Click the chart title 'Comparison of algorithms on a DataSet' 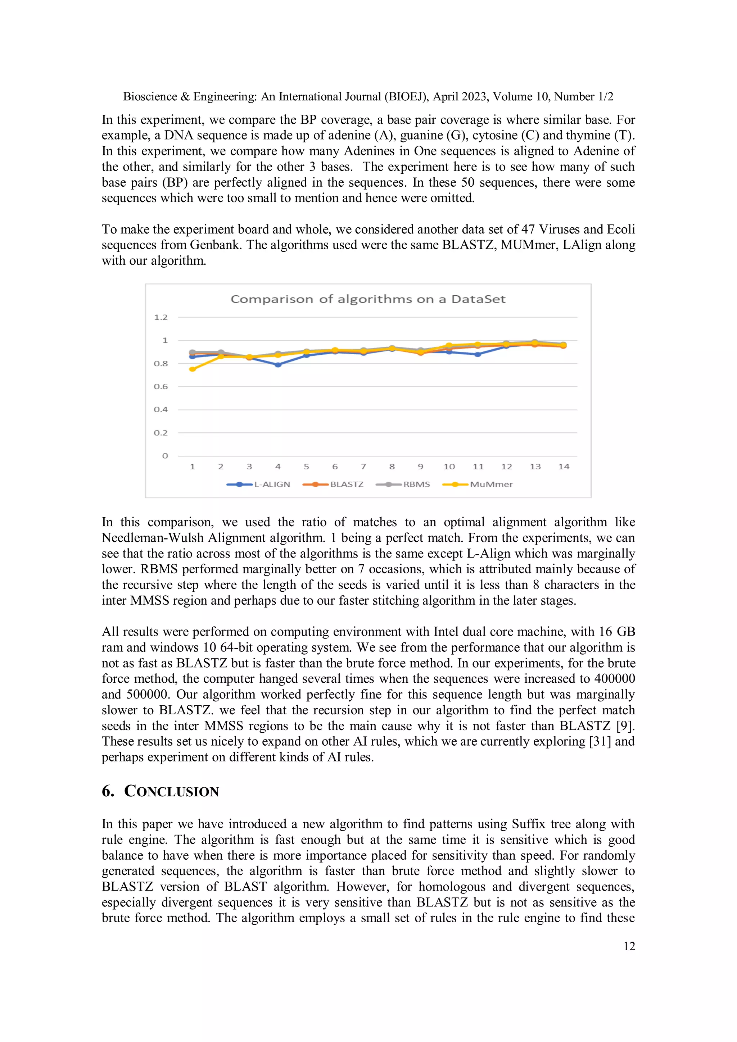pyautogui.click(x=368, y=299)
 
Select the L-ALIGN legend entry pyautogui.click(x=272, y=484)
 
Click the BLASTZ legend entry pyautogui.click(x=347, y=484)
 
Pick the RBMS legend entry pyautogui.click(x=416, y=484)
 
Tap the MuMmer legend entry pyautogui.click(x=491, y=484)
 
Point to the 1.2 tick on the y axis pyautogui.click(x=161, y=317)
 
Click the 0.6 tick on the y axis pyautogui.click(x=161, y=387)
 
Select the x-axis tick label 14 pyautogui.click(x=564, y=467)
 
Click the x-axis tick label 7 pyautogui.click(x=363, y=467)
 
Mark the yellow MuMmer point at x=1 pyautogui.click(x=193, y=369)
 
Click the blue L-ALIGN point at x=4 pyautogui.click(x=278, y=364)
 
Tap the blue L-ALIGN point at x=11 pyautogui.click(x=478, y=354)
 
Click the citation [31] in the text pyautogui.click(x=600, y=741)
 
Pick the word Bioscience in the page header pyautogui.click(x=150, y=97)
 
